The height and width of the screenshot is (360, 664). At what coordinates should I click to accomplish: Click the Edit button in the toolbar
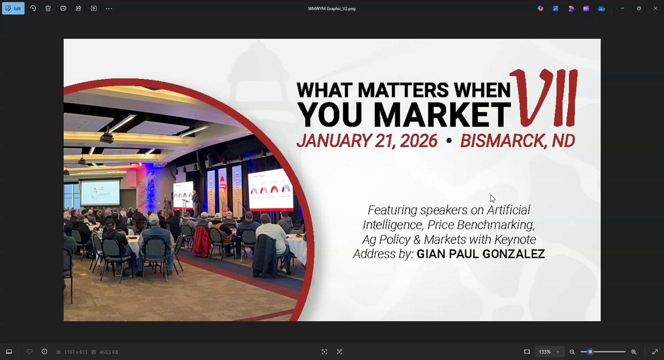pos(13,8)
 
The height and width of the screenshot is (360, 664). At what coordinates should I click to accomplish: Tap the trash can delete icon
pos(48,8)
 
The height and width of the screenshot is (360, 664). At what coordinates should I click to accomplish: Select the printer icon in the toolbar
pos(63,8)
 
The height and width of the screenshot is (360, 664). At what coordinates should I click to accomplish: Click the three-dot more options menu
pos(109,8)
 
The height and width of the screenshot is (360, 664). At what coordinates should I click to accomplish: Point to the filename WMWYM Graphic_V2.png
pos(331,8)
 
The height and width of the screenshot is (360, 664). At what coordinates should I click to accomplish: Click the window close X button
pos(656,8)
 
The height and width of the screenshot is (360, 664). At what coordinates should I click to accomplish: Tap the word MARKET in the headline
pos(442,115)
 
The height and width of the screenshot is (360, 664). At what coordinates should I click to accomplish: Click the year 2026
pos(419,140)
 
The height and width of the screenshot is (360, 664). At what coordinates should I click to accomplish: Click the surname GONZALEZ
pos(514,254)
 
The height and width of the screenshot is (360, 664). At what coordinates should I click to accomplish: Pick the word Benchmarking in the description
pos(496,225)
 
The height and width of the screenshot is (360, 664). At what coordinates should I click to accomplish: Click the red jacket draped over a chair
pos(202,241)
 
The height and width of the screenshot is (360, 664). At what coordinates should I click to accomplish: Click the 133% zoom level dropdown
pos(549,351)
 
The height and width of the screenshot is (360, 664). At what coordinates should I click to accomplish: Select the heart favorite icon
pos(29,351)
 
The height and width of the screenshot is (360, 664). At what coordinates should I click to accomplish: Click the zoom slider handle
pos(590,351)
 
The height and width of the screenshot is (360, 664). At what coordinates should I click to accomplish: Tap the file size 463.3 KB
pos(108,352)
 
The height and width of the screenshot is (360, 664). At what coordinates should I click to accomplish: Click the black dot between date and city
pos(449,140)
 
